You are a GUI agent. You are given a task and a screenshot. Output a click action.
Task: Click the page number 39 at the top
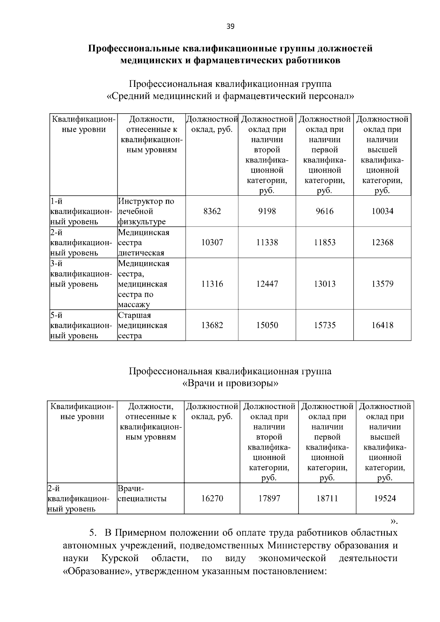(230, 26)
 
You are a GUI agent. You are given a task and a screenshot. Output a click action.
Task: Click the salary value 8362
(212, 211)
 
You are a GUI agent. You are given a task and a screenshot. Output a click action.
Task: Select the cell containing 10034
(382, 211)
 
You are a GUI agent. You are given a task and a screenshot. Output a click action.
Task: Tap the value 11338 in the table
(267, 243)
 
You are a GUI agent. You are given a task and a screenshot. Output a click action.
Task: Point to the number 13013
(324, 284)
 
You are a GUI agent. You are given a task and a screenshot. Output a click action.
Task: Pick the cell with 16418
(382, 325)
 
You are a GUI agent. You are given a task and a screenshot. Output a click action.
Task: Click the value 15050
(267, 325)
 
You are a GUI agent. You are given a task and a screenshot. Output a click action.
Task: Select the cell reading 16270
(212, 498)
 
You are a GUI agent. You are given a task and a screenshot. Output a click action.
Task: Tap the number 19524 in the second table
(385, 498)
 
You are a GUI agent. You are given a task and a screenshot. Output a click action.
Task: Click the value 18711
(327, 498)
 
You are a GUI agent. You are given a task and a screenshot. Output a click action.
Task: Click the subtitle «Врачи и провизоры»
(230, 384)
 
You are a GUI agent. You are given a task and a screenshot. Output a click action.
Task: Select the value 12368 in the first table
(382, 243)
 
